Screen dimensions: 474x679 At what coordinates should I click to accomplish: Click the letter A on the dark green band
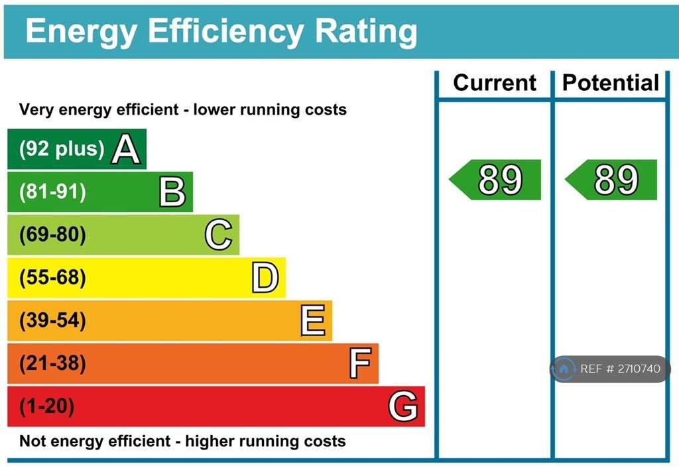click(126, 149)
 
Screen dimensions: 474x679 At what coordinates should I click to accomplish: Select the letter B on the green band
click(172, 192)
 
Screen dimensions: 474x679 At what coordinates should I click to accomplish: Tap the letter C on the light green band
click(219, 235)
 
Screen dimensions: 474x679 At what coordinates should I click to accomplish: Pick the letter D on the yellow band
click(265, 278)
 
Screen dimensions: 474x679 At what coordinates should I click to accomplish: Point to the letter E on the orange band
click(312, 321)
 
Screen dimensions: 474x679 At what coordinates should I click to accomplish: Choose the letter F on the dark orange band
click(359, 363)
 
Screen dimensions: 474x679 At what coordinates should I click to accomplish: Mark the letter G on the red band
click(403, 406)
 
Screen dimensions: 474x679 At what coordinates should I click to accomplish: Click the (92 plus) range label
click(62, 149)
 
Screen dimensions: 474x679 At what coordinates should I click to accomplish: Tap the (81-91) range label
click(52, 192)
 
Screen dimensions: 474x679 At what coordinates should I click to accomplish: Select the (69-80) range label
click(52, 235)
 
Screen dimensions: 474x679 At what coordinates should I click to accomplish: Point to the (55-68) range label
click(52, 278)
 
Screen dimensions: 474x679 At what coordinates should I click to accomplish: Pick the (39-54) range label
click(52, 321)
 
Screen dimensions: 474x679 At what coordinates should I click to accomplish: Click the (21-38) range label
click(52, 363)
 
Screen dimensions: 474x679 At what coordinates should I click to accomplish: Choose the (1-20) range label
click(46, 406)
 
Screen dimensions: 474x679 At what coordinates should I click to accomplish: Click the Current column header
click(495, 83)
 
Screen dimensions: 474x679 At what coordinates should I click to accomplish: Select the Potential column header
click(610, 83)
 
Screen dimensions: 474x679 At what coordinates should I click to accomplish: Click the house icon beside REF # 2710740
click(564, 369)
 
